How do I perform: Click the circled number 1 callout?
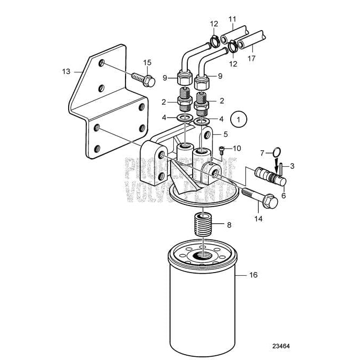(x=239, y=117)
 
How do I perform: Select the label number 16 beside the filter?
(x=253, y=275)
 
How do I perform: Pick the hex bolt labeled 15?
(x=143, y=79)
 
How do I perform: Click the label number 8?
(x=229, y=225)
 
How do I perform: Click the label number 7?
(x=263, y=154)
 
